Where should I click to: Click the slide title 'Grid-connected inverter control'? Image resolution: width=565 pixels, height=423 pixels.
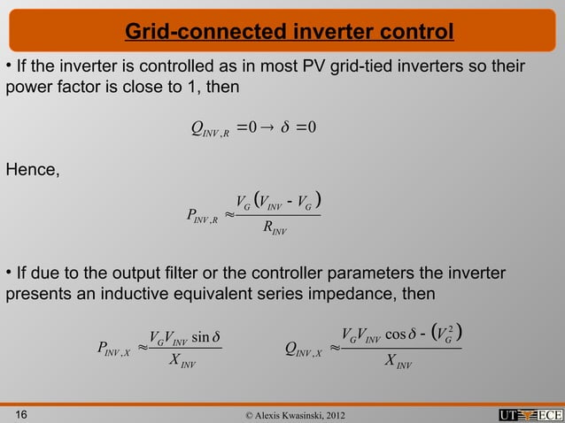pos(290,33)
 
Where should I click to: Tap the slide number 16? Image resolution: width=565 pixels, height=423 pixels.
pos(19,411)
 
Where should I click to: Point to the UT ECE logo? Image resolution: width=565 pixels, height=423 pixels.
pos(530,412)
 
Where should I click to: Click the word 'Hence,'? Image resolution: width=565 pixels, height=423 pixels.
pos(34,171)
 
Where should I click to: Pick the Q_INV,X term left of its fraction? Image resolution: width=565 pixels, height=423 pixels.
pos(305,350)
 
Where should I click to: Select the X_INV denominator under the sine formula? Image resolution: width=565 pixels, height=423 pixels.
pos(182,363)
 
